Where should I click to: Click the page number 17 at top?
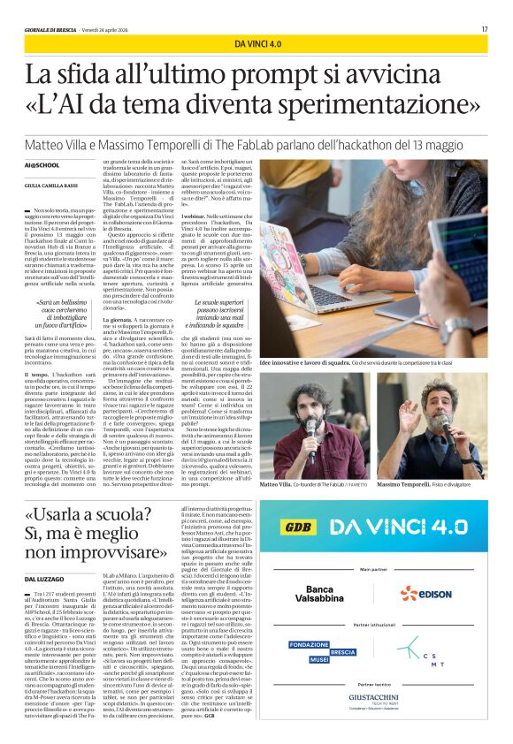pyautogui.click(x=485, y=29)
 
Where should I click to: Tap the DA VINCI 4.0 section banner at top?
pyautogui.click(x=257, y=43)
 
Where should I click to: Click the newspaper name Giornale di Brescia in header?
pyautogui.click(x=52, y=29)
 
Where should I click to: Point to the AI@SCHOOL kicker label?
pyautogui.click(x=42, y=165)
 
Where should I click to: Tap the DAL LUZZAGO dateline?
pyautogui.click(x=42, y=552)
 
